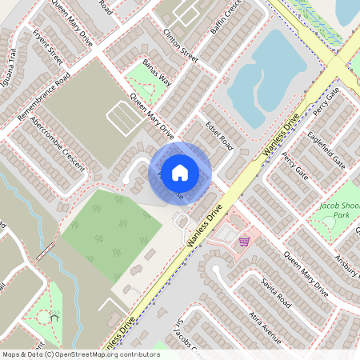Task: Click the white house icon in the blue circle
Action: [x=180, y=172]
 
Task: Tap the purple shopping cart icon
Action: [x=244, y=240]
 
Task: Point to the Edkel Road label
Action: [x=218, y=136]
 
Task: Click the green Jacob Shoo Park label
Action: [x=340, y=210]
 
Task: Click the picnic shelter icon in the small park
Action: [x=54, y=317]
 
